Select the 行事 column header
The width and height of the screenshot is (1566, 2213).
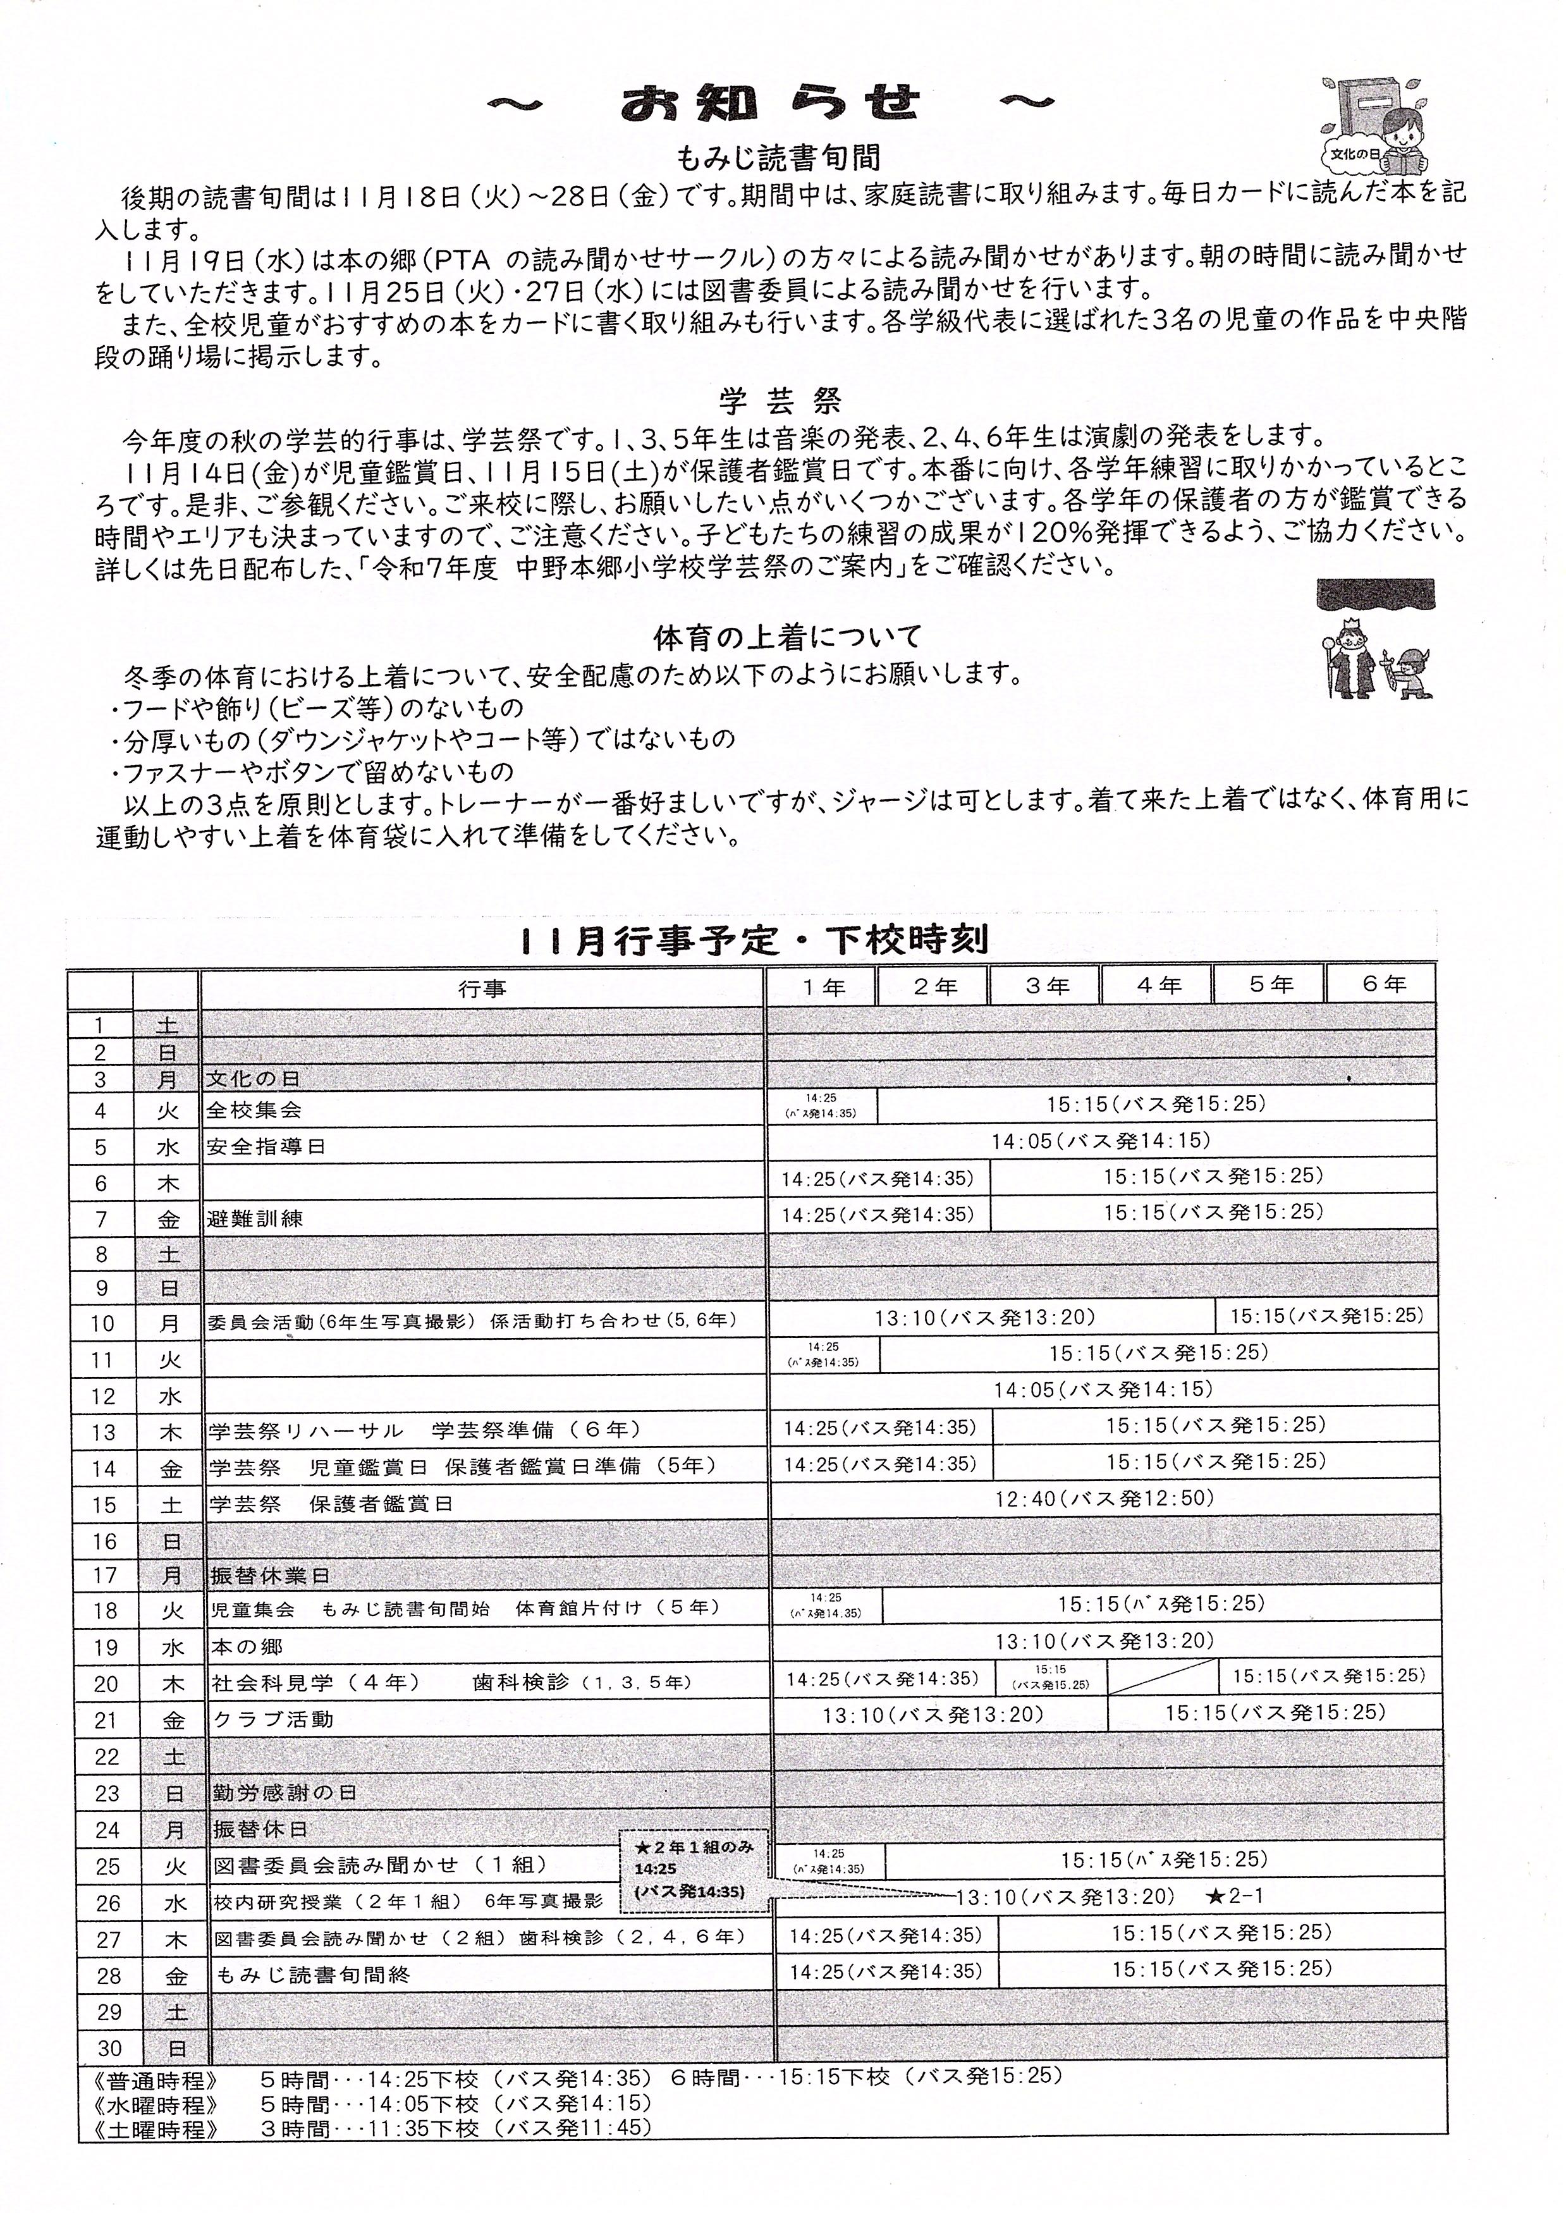pyautogui.click(x=482, y=988)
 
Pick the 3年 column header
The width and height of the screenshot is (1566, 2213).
pyautogui.click(x=1045, y=986)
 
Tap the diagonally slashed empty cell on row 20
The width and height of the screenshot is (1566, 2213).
pyautogui.click(x=1163, y=1679)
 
